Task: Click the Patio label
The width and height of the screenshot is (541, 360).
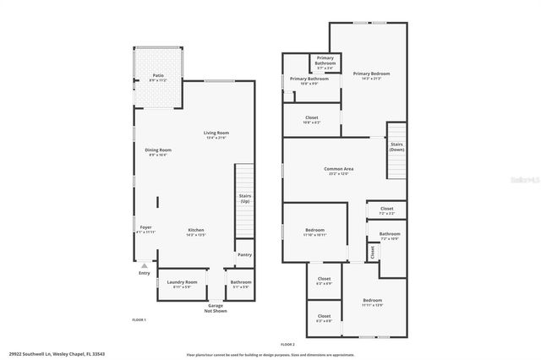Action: [x=158, y=77]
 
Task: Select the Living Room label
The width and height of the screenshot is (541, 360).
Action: [x=217, y=134]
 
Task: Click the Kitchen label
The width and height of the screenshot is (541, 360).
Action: [x=195, y=232]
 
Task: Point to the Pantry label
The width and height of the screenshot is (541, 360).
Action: [x=244, y=254]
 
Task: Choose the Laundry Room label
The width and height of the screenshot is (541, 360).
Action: [x=182, y=283]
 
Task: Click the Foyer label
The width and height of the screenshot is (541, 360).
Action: [x=146, y=229]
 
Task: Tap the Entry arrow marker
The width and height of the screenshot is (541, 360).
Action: [x=145, y=265]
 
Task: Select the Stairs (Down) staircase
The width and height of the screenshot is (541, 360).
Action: [x=397, y=149]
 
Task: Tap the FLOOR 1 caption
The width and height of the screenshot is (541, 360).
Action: [x=139, y=319]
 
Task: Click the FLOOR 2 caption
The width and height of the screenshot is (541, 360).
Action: [x=287, y=344]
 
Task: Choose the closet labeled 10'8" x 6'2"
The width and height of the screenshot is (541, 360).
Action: [x=311, y=120]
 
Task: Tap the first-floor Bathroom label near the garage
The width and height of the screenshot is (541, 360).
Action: [x=241, y=283]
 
